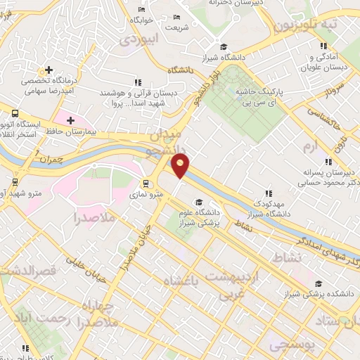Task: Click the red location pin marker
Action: (x=181, y=165)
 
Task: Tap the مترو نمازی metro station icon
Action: (x=146, y=184)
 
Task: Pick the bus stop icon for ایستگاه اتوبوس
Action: (x=15, y=112)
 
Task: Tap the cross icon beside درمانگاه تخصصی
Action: (x=49, y=71)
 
